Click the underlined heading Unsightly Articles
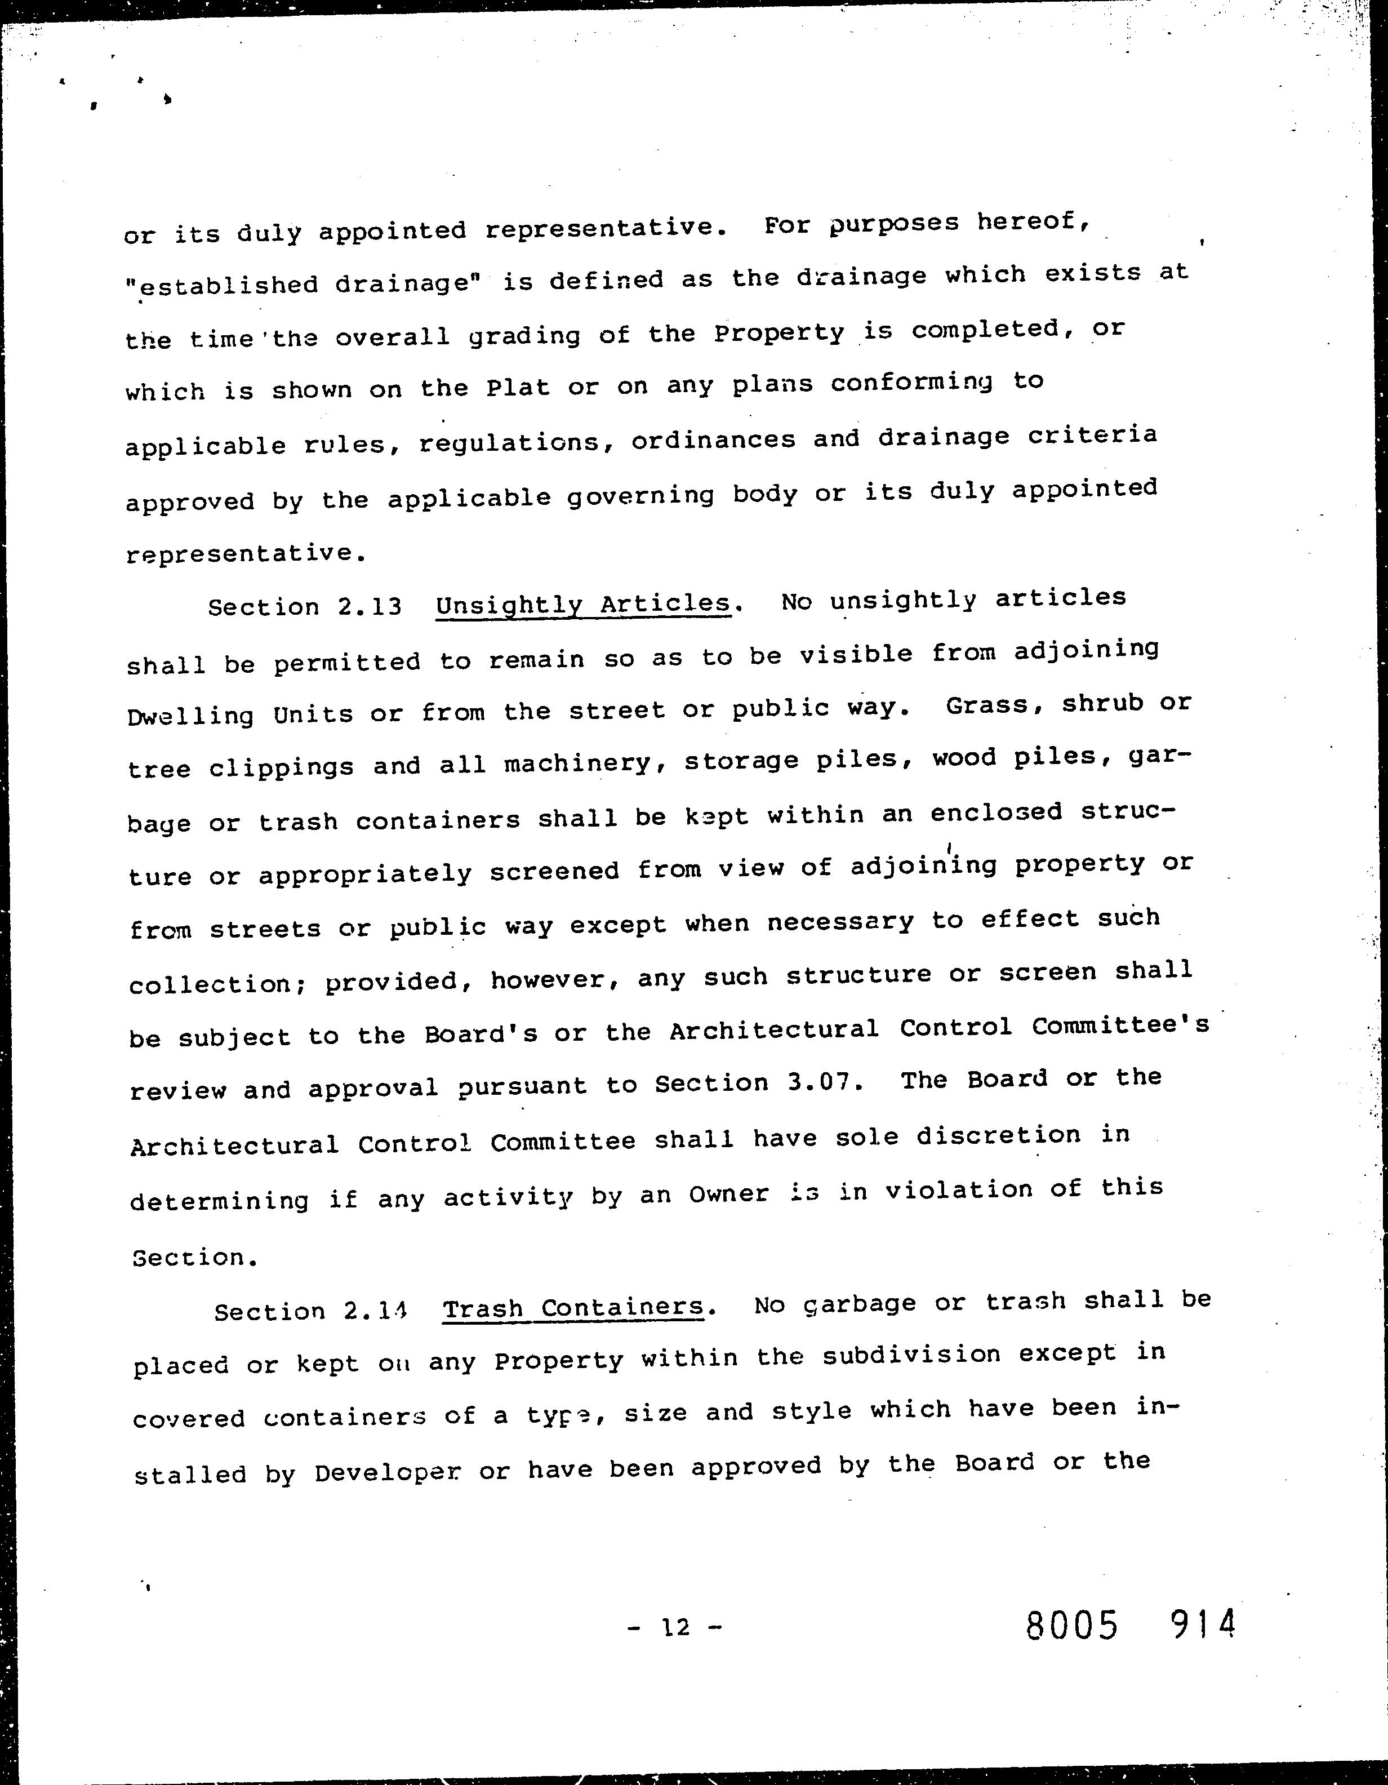[583, 604]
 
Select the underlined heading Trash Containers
[573, 1308]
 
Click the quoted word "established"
[221, 285]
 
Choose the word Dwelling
[191, 716]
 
